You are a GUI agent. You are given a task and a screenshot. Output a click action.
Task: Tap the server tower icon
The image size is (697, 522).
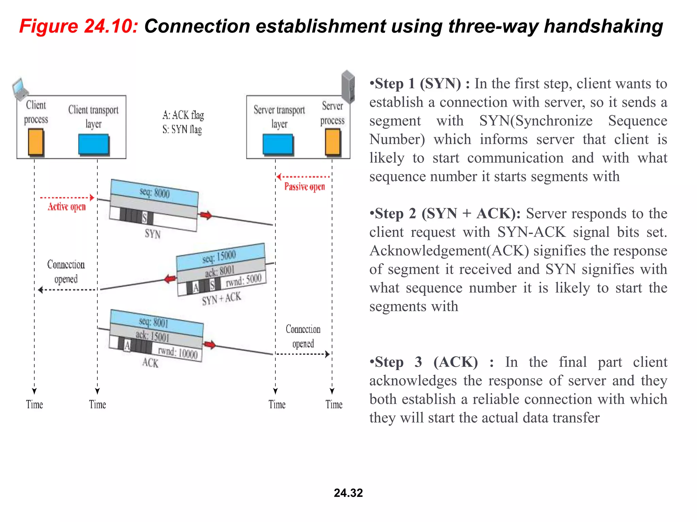tap(348, 86)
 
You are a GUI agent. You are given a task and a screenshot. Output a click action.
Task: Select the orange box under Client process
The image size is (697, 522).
tap(36, 142)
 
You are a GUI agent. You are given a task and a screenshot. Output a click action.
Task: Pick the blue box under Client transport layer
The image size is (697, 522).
tap(94, 144)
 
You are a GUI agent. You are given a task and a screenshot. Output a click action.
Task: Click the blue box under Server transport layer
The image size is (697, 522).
tap(278, 144)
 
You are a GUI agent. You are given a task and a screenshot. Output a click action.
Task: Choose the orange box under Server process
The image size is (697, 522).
tap(333, 142)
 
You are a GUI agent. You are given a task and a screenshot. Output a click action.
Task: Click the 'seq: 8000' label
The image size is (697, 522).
tap(155, 193)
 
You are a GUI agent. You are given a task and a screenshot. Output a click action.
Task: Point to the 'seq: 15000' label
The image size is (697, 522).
tap(219, 257)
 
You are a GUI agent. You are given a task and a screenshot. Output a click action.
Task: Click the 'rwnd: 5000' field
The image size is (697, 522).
tap(244, 280)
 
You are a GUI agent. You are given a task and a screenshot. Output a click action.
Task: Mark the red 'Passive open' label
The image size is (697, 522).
tap(305, 187)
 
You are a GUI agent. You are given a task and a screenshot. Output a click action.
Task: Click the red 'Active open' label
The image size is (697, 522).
tap(67, 207)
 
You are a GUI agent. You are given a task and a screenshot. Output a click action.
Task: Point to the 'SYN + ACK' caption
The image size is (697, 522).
tap(221, 299)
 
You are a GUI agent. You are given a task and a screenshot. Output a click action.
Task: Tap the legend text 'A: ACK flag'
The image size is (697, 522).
tap(183, 115)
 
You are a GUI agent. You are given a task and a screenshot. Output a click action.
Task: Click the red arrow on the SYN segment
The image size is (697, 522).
tap(206, 215)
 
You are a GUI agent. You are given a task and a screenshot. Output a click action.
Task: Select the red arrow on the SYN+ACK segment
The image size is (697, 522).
tap(170, 279)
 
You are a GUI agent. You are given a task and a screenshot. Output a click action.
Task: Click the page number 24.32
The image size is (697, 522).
tap(348, 493)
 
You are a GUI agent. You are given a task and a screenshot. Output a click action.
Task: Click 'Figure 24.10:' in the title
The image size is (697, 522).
tap(79, 26)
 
